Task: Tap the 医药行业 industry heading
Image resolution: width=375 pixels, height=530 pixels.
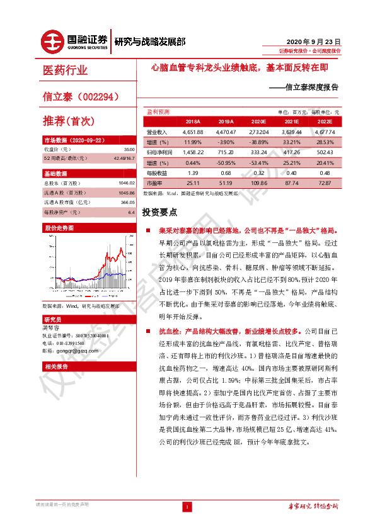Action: [x=66, y=70]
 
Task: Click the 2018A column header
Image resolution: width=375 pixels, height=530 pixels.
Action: [x=192, y=121]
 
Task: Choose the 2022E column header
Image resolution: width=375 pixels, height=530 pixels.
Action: [x=324, y=121]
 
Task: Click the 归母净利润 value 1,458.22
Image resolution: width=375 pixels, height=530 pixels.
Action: [x=192, y=152]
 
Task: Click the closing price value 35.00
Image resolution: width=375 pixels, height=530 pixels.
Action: [x=130, y=149]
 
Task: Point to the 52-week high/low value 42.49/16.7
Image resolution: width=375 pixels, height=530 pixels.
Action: [x=124, y=158]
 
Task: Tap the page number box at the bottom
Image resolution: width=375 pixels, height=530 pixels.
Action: [x=187, y=507]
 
